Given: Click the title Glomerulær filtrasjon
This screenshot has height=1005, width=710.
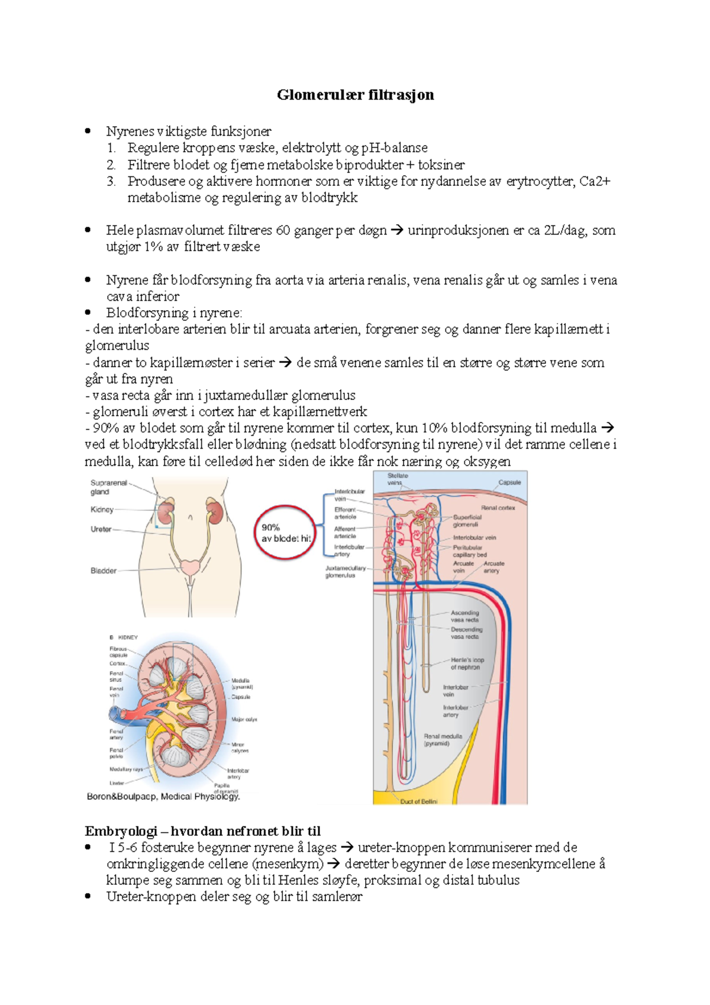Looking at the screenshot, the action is (x=355, y=95).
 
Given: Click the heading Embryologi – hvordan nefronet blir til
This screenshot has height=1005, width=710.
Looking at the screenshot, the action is (x=202, y=831).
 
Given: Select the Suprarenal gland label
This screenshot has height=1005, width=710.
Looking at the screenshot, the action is (x=108, y=487).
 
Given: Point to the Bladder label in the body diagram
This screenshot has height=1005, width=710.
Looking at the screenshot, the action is (x=104, y=571).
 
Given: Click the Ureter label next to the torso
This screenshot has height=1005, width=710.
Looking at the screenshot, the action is (x=101, y=529).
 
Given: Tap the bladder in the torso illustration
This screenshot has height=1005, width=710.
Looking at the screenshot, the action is (x=191, y=567).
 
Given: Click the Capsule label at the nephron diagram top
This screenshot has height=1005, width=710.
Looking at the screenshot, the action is (x=509, y=482).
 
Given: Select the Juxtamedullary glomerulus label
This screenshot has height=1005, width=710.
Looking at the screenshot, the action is (x=345, y=571).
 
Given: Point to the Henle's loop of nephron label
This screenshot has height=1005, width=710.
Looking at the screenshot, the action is (x=467, y=663).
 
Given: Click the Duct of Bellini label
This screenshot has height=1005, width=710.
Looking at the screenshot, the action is (x=419, y=801).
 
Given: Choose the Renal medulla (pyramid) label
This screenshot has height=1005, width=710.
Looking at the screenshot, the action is (x=443, y=739).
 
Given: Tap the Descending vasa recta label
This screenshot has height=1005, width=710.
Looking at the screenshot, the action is (x=466, y=633).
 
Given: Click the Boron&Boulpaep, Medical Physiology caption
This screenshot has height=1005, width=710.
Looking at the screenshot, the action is (x=163, y=797).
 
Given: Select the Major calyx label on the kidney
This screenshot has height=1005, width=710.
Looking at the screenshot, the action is (x=244, y=720).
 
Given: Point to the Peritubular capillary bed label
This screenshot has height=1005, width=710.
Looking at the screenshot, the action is (x=469, y=551).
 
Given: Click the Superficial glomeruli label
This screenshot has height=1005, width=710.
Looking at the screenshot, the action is (x=467, y=520).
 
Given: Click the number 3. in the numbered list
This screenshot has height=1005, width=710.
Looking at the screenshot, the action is (x=111, y=181).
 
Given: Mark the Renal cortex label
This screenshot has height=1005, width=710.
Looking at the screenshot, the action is (x=498, y=508).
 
